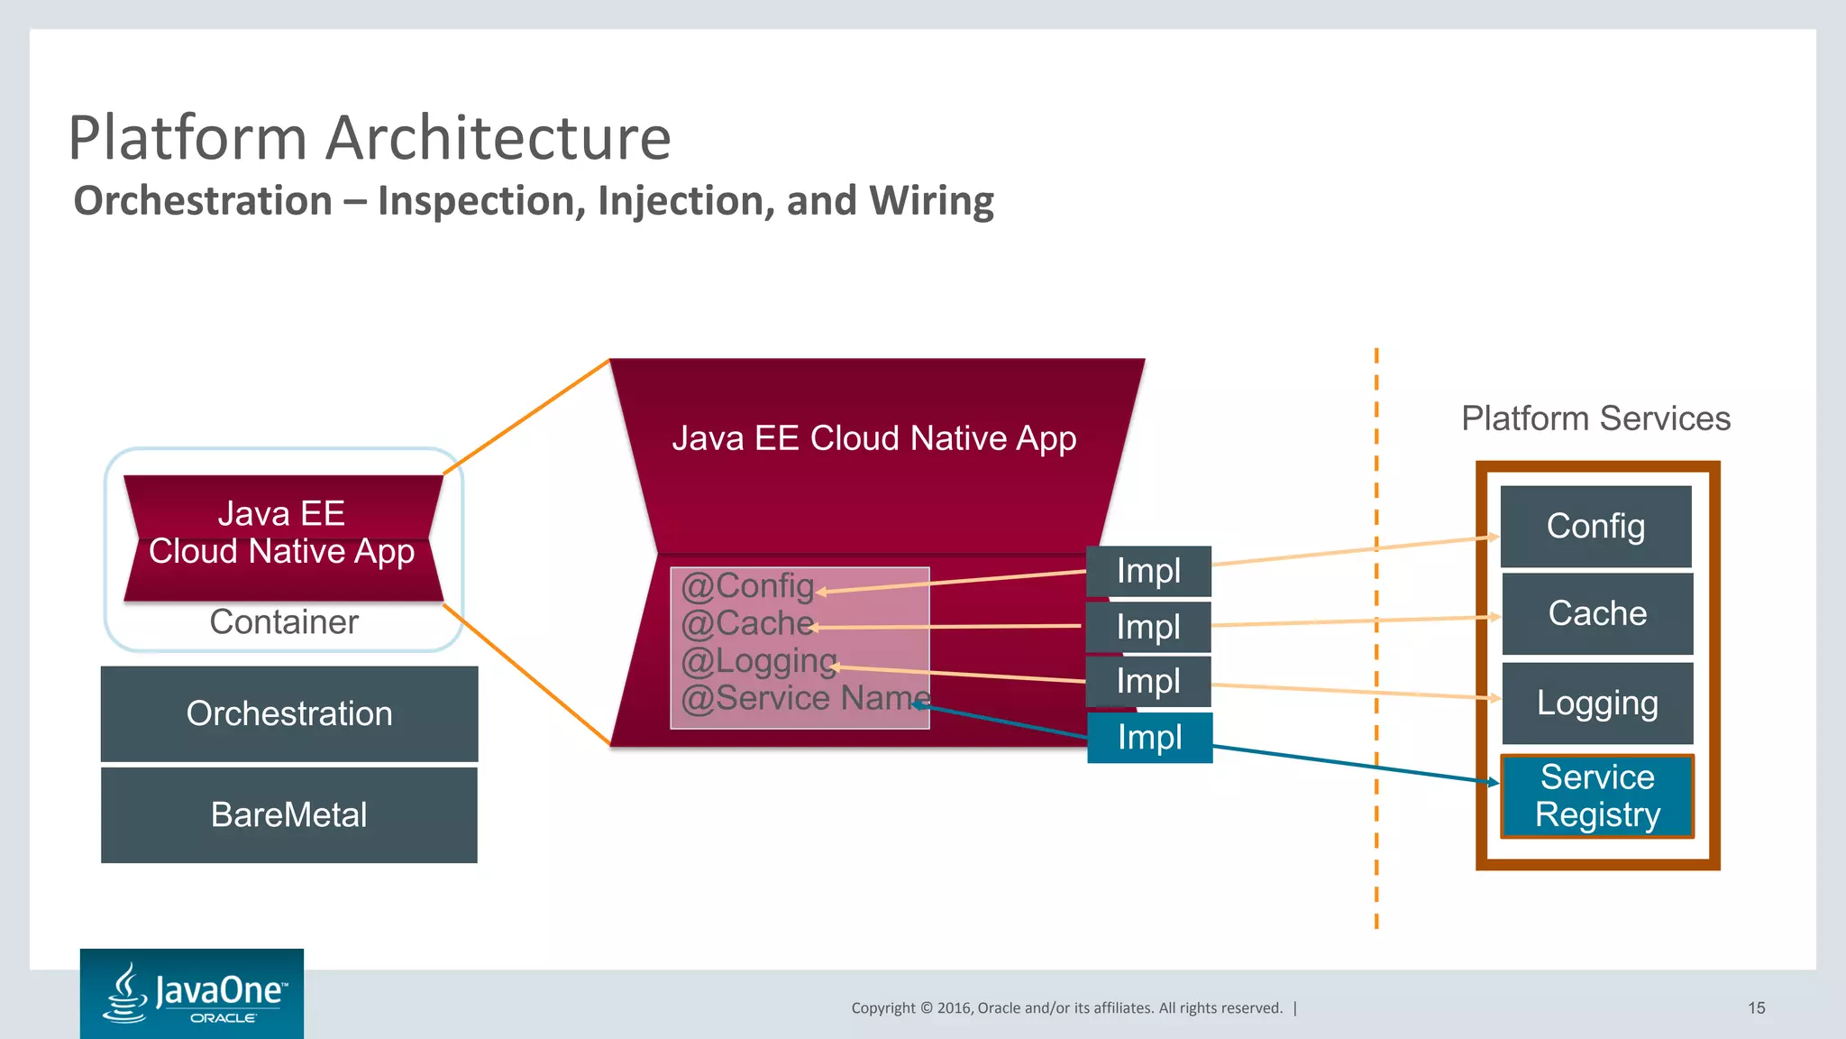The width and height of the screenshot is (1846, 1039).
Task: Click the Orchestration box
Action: point(289,713)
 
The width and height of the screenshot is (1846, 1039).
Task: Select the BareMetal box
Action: point(289,814)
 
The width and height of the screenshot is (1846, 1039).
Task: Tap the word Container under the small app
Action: point(284,621)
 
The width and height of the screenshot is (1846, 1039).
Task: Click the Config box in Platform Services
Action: point(1595,526)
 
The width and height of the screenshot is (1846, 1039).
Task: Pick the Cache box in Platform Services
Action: point(1597,613)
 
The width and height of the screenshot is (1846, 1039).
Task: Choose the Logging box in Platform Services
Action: point(1597,703)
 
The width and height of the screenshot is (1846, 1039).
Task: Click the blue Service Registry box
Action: point(1597,795)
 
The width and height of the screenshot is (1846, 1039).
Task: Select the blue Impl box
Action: point(1149,738)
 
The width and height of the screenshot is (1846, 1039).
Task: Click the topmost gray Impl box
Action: point(1148,571)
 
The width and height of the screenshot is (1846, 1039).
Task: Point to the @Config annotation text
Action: point(747,586)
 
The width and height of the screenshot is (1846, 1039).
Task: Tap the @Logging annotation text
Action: point(759,661)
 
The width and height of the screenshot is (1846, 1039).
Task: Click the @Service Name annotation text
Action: point(805,698)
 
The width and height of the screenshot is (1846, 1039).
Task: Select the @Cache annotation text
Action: point(747,623)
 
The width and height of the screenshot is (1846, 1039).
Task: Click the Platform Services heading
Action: point(1595,418)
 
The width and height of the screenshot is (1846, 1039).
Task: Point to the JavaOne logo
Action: point(192,993)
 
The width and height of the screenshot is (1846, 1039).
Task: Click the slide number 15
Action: point(1756,1007)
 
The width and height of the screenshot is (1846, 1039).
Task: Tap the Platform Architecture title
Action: point(370,138)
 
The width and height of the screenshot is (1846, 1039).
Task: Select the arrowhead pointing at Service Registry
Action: point(1494,782)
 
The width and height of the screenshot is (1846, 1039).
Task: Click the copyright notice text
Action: point(1066,1007)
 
